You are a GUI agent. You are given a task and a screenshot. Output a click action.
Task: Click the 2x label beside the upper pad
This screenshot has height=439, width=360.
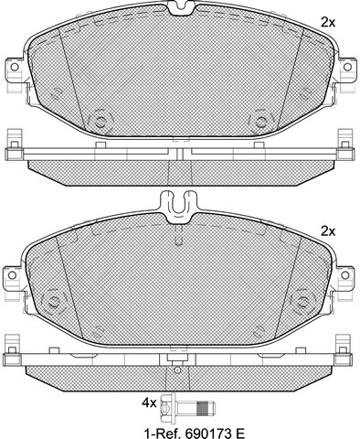click(328, 22)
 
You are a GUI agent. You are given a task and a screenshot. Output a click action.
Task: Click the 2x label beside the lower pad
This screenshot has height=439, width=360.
click(328, 231)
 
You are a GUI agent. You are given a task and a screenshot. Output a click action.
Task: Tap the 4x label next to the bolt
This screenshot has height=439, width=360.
click(149, 403)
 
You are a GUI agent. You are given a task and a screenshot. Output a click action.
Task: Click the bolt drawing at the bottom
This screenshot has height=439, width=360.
click(187, 407)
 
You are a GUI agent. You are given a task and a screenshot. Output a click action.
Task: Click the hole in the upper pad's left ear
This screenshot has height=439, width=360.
click(15, 67)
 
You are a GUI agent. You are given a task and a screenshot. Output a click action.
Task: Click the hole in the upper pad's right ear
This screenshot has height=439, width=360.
click(347, 67)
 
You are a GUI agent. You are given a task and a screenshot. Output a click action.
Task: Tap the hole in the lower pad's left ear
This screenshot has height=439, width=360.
click(12, 275)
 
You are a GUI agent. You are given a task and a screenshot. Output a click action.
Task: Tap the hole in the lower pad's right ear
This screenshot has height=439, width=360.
click(344, 275)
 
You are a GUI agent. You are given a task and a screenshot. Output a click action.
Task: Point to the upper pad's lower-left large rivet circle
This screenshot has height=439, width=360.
click(101, 122)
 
